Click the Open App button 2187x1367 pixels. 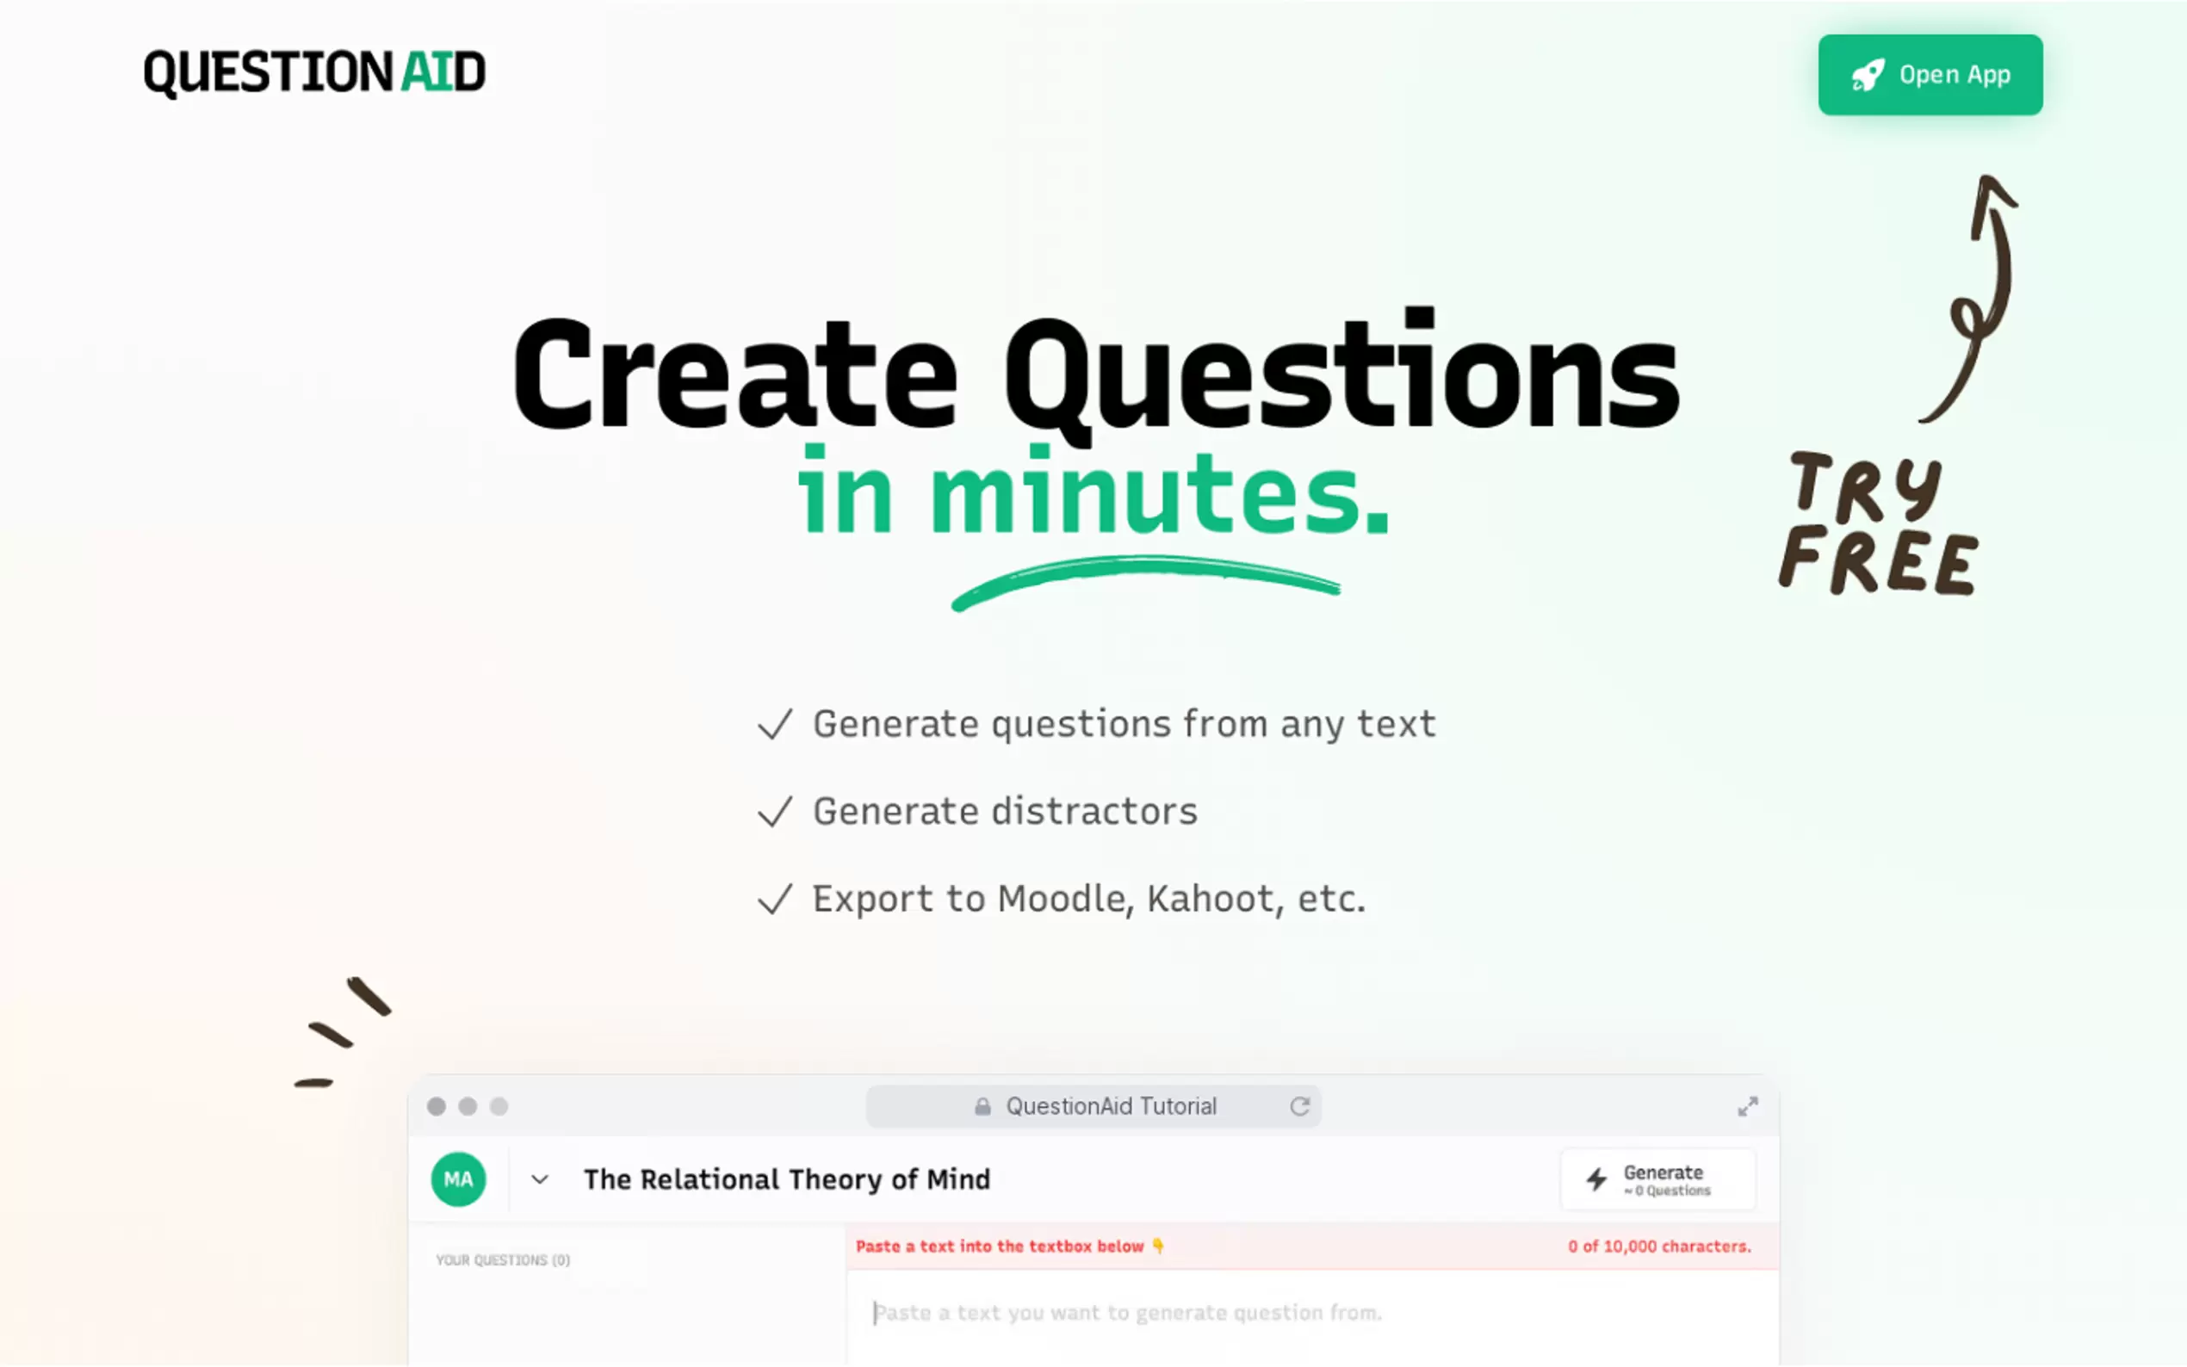tap(1930, 74)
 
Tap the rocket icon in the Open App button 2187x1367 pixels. tap(1867, 75)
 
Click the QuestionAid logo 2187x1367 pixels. tap(314, 72)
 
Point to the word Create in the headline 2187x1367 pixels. tap(734, 374)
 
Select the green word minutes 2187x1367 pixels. tap(1159, 491)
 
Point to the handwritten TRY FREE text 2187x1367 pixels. tap(1879, 523)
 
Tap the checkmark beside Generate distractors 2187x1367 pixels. tap(775, 812)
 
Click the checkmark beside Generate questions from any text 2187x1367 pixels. tap(775, 724)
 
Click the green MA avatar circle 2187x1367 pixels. tap(458, 1179)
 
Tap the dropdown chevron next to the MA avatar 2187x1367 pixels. tap(540, 1179)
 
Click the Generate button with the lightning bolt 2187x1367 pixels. tap(1657, 1179)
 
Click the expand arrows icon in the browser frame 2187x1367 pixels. tap(1748, 1107)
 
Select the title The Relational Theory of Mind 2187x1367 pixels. tap(787, 1179)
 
